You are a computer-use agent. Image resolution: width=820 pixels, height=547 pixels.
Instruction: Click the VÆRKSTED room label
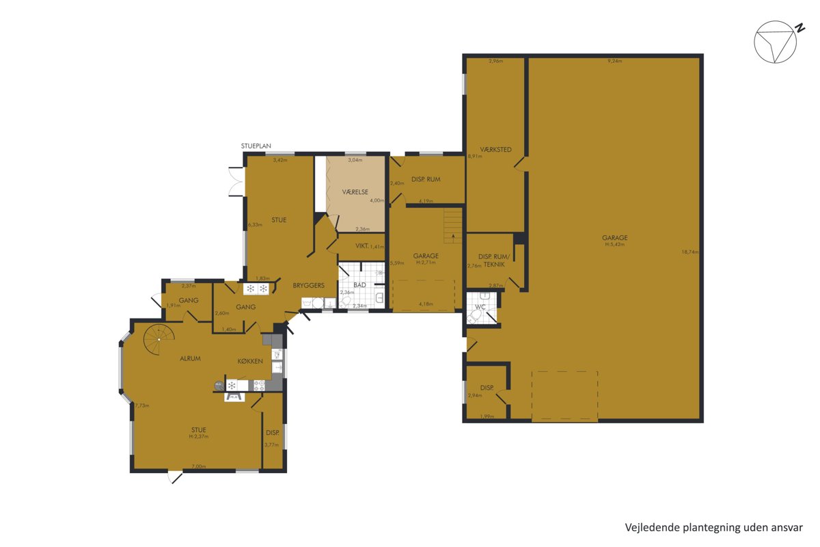[495, 150]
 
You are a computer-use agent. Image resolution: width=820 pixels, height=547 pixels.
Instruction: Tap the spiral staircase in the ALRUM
[159, 340]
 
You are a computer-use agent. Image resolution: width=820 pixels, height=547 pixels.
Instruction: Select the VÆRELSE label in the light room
[355, 192]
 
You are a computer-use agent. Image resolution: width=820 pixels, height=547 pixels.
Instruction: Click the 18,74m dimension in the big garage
[689, 252]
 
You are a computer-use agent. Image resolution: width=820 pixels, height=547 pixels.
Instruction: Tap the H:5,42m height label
[614, 244]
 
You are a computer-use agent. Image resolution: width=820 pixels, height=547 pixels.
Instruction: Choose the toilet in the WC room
[474, 316]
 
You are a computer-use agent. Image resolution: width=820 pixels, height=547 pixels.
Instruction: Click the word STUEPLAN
[256, 146]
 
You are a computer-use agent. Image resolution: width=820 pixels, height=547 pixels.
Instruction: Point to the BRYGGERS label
[309, 285]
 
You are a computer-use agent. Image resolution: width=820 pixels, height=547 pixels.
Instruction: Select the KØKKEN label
[250, 361]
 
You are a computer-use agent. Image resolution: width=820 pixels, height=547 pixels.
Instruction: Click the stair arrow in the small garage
[454, 238]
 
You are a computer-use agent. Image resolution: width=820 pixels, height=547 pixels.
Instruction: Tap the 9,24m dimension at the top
[614, 61]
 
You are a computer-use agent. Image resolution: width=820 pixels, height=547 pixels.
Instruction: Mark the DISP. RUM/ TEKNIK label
[494, 261]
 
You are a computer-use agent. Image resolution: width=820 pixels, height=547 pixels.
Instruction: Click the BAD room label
[359, 284]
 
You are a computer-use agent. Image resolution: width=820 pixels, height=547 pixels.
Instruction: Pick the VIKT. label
[361, 246]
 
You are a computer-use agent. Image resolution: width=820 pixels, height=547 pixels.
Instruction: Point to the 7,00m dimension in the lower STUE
[199, 466]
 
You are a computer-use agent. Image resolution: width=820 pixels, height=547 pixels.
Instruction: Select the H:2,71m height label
[426, 263]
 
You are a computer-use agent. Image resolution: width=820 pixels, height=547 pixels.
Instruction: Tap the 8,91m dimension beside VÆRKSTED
[475, 156]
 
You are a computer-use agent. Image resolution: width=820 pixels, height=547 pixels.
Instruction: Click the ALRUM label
[190, 358]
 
